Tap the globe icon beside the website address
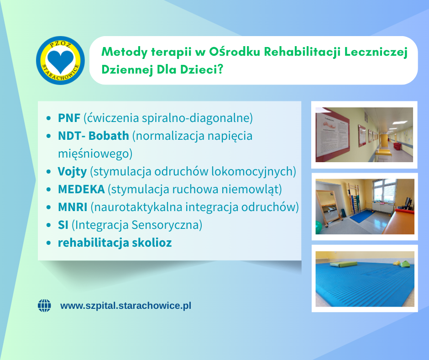44,306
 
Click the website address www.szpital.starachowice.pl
126,306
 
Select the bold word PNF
69,118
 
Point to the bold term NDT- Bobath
93,136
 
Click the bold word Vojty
72,172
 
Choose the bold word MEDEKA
81,189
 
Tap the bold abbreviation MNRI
73,207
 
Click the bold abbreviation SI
63,225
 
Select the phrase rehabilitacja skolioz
115,243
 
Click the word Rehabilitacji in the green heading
302,52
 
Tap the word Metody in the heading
125,52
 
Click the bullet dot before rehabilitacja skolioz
49,243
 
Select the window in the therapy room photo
384,191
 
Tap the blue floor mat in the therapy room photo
364,217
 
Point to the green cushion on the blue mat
344,264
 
